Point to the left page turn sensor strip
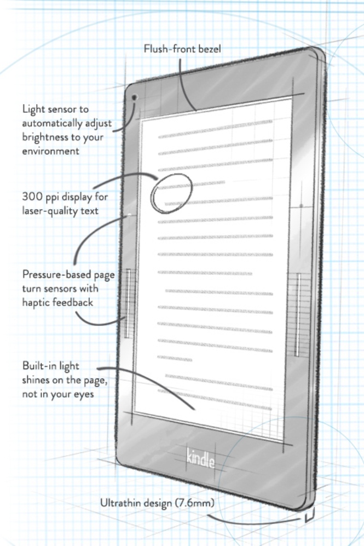click(129, 303)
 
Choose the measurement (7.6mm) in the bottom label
click(193, 502)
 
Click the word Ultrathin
click(120, 502)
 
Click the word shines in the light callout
click(36, 379)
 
